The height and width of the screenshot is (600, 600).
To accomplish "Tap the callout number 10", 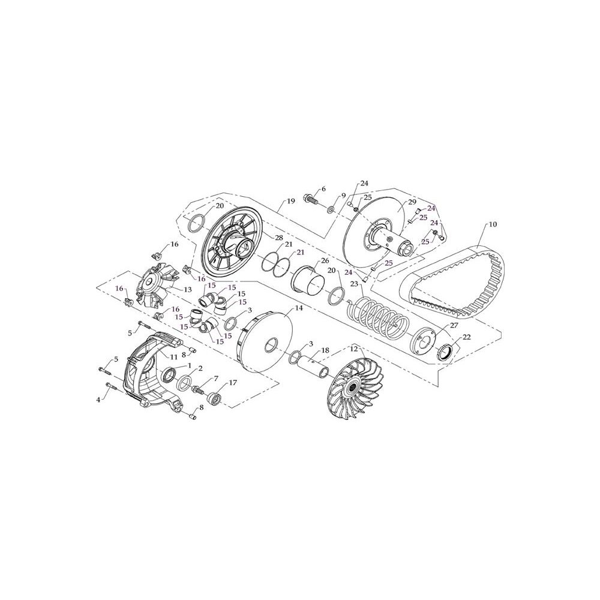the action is [x=493, y=224].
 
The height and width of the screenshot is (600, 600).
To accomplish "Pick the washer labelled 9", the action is [x=330, y=209].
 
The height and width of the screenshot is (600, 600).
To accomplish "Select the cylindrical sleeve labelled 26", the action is [x=308, y=280].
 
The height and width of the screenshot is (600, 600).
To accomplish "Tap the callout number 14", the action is [x=298, y=308].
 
